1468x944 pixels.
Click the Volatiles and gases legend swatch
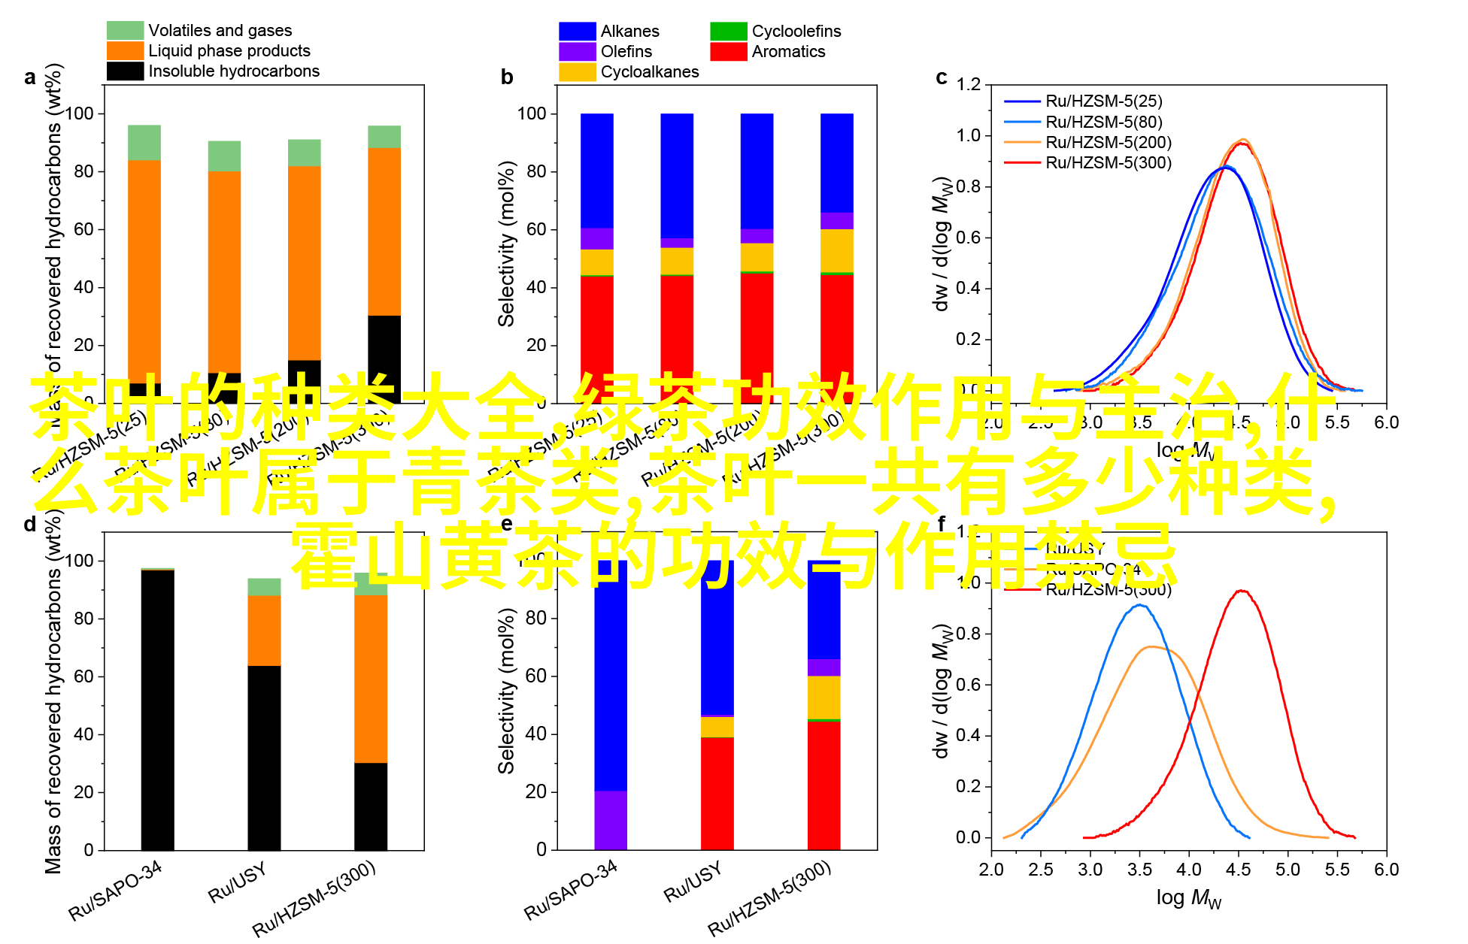[x=125, y=30]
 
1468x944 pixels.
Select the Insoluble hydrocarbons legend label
[x=233, y=71]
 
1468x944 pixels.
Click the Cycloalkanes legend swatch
[x=578, y=71]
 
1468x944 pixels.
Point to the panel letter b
[x=507, y=77]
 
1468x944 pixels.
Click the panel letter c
[x=941, y=77]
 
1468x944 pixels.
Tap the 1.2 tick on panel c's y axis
[x=969, y=84]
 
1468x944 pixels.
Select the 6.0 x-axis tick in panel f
[x=1386, y=870]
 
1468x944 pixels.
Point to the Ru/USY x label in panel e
[x=693, y=881]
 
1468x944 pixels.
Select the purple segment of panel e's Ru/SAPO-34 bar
[x=611, y=820]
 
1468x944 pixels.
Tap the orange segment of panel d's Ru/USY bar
[x=264, y=631]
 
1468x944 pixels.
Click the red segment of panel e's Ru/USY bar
[x=717, y=793]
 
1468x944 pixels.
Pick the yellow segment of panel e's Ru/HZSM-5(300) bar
[x=824, y=697]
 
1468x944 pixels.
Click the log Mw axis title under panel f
[x=1188, y=898]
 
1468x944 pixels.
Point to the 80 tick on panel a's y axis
[x=83, y=171]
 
